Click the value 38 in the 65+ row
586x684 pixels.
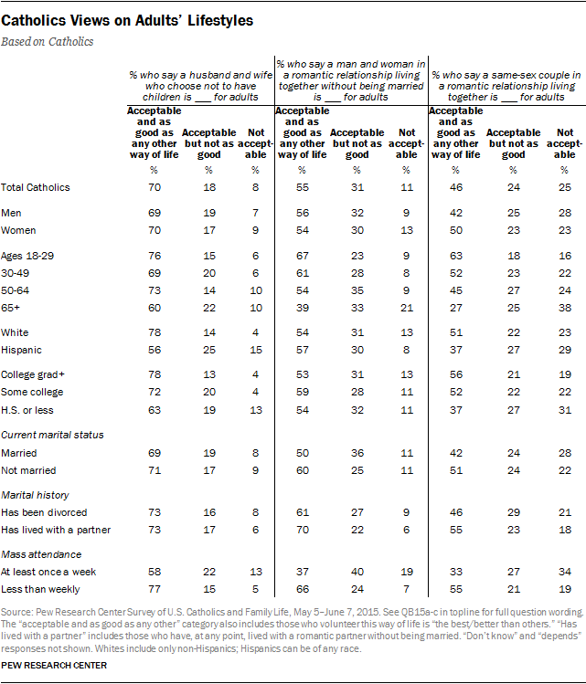pos(565,310)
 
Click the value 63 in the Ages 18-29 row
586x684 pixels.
pos(453,257)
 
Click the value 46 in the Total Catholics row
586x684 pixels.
pos(453,187)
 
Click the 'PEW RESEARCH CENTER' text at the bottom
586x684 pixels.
pos(55,666)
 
